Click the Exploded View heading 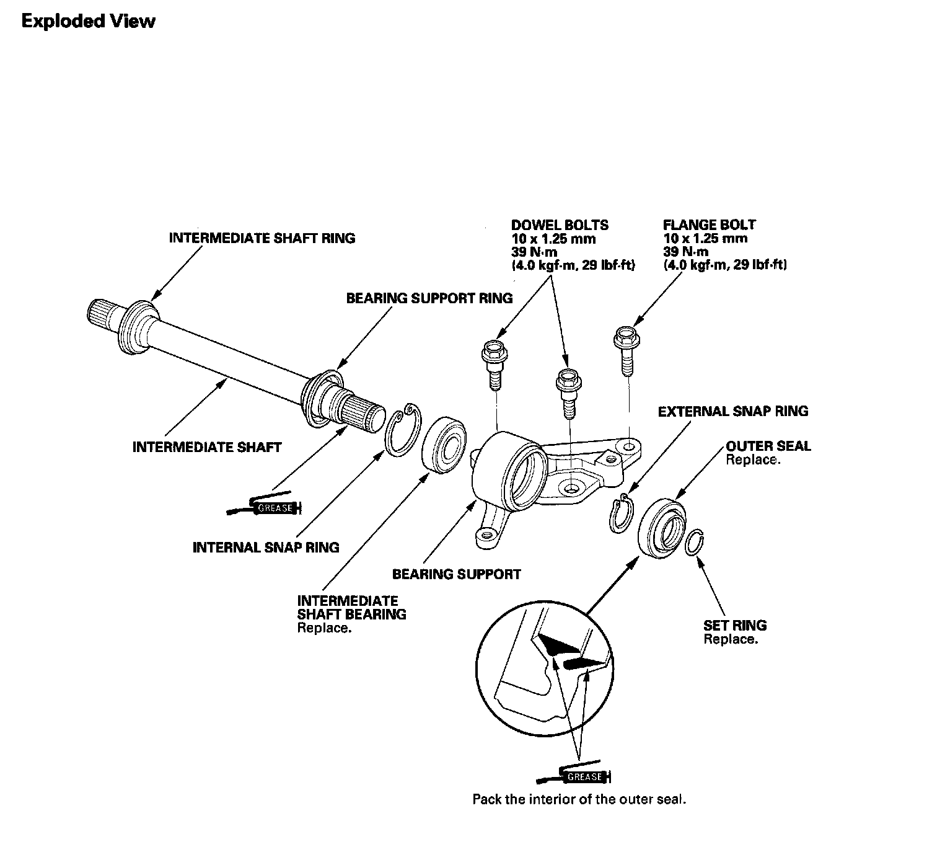tap(89, 21)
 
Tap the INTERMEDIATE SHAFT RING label tap(262, 238)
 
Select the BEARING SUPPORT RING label tap(429, 298)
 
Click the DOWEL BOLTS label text tap(560, 225)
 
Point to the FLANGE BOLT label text tap(709, 225)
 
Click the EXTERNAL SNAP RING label tap(732, 411)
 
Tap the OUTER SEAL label tap(768, 446)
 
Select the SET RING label tap(735, 626)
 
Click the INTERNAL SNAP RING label tap(266, 547)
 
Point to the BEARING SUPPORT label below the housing tap(456, 574)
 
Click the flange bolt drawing tap(625, 350)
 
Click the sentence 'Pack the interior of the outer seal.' tap(579, 799)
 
